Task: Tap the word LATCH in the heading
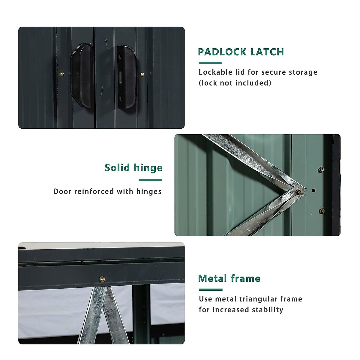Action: (x=267, y=52)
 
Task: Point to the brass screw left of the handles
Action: (x=62, y=74)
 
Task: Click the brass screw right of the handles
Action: (x=142, y=74)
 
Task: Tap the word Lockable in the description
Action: (x=215, y=72)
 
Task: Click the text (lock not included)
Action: (x=235, y=83)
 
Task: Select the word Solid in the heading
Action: (x=117, y=168)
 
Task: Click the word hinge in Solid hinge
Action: (x=148, y=168)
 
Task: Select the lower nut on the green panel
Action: (x=322, y=211)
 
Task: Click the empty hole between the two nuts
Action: (x=313, y=190)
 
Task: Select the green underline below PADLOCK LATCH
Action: (x=210, y=63)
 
